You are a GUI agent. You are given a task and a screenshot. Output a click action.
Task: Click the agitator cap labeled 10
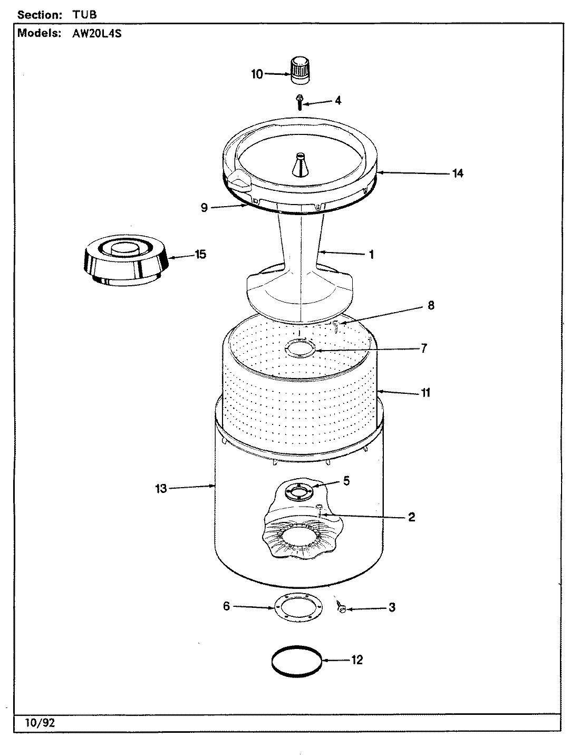tap(298, 70)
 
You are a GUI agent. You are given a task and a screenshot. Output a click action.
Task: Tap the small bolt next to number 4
tap(299, 100)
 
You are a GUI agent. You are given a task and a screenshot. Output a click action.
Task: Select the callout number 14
tap(458, 173)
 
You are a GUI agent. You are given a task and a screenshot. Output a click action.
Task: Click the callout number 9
tap(205, 208)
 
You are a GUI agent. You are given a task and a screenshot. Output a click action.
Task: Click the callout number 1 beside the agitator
tap(371, 255)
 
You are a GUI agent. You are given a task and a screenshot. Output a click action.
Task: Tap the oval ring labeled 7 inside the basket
tap(299, 348)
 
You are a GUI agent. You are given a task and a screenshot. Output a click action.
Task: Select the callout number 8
tap(431, 305)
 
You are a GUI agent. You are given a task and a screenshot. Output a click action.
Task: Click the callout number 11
tap(425, 392)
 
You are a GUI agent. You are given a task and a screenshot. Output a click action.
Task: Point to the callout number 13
tap(161, 489)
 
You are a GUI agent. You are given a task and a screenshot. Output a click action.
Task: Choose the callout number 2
tap(411, 517)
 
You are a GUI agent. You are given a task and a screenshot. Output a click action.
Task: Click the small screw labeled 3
tap(341, 609)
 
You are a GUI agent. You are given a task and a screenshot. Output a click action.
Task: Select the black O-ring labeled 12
tap(296, 660)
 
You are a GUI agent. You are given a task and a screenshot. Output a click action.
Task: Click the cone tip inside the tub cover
tap(299, 167)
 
